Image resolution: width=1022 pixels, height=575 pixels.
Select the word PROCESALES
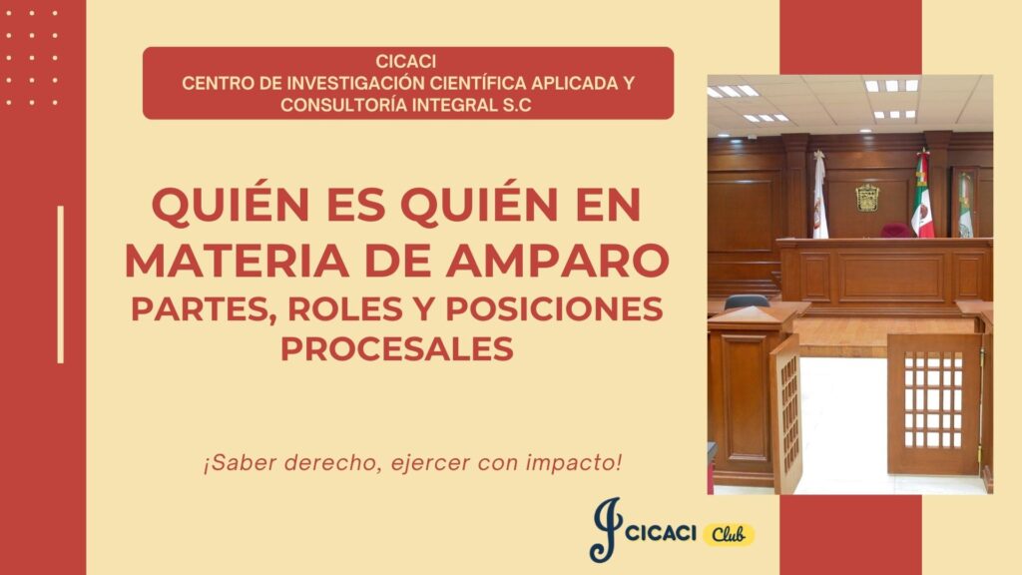click(397, 348)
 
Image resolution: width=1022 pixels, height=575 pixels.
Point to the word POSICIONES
click(554, 309)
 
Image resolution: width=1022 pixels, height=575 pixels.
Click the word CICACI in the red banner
click(405, 61)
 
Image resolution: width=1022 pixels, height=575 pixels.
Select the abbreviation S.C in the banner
click(517, 105)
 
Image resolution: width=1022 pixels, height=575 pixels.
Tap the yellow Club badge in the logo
click(729, 535)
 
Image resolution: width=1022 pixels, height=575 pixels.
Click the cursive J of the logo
click(605, 530)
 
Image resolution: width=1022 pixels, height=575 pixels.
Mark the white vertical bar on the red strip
click(61, 285)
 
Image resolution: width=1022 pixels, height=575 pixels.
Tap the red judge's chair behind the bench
click(896, 231)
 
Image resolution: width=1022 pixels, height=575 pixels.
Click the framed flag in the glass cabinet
click(965, 204)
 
